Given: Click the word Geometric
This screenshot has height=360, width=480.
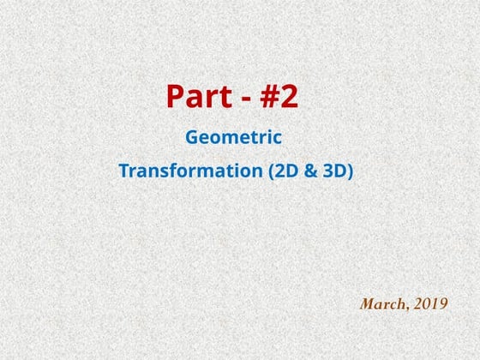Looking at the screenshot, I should [234, 137].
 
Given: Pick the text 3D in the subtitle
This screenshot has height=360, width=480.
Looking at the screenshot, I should [329, 171].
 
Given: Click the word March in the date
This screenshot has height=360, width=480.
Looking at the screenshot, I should [380, 303].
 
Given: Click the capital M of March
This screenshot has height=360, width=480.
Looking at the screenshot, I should [368, 303].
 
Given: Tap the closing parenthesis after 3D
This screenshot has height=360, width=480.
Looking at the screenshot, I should [349, 171].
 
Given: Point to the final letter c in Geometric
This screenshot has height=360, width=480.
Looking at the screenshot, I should [277, 138].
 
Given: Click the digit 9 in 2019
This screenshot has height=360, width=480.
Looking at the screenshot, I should [442, 303].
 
